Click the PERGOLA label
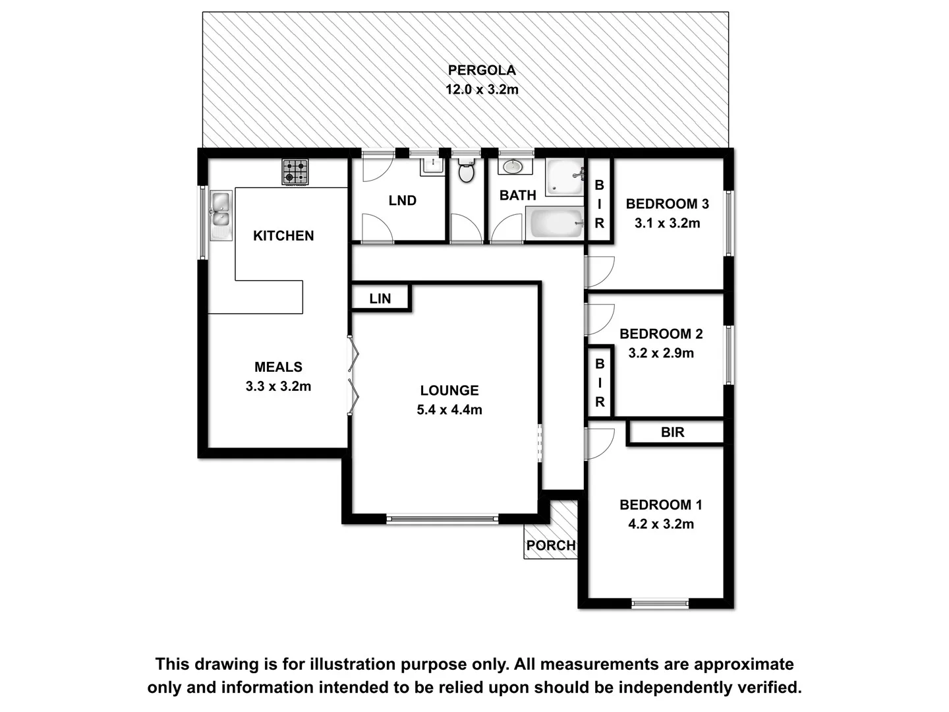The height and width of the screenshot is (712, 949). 482,70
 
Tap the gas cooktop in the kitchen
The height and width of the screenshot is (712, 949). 295,172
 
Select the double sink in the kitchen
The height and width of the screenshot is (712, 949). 219,215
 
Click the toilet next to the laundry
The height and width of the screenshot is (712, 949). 467,171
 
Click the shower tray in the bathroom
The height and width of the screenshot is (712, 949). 565,177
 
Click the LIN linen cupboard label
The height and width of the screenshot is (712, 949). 380,299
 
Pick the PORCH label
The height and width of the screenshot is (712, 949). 550,545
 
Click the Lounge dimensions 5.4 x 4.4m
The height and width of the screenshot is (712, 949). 449,410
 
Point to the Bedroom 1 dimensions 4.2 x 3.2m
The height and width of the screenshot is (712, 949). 661,524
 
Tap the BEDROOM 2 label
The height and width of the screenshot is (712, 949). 661,334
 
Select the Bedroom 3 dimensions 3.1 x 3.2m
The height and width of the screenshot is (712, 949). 667,223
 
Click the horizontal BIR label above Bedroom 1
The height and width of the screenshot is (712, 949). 672,432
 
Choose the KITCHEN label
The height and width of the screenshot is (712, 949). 283,235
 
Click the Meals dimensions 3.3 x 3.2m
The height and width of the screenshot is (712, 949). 278,386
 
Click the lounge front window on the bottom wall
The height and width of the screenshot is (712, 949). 442,519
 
